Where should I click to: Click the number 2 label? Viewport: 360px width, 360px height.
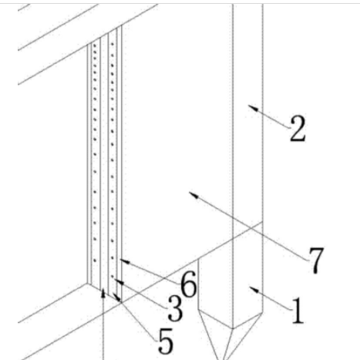pyautogui.click(x=298, y=129)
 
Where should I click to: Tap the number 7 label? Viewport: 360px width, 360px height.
pyautogui.click(x=316, y=261)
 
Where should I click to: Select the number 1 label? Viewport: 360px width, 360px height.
pyautogui.click(x=298, y=310)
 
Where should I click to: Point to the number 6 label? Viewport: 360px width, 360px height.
pyautogui.click(x=189, y=284)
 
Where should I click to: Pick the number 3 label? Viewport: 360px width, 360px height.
pyautogui.click(x=175, y=308)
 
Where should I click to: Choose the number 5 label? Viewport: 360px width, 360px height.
pyautogui.click(x=166, y=341)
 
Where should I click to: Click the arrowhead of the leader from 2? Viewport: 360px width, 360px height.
pyautogui.click(x=252, y=107)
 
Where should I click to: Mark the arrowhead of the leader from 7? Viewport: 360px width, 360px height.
pyautogui.click(x=193, y=195)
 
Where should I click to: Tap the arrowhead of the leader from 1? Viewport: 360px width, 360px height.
pyautogui.click(x=254, y=290)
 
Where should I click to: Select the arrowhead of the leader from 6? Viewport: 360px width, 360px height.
pyautogui.click(x=125, y=261)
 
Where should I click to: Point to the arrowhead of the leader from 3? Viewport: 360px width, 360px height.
pyautogui.click(x=119, y=281)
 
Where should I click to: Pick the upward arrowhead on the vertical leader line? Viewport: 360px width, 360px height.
pyautogui.click(x=103, y=293)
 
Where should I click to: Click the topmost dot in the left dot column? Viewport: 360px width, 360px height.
pyautogui.click(x=95, y=46)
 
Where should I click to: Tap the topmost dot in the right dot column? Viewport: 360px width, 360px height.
pyautogui.click(x=113, y=44)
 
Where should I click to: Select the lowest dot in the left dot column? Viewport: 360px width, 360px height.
pyautogui.click(x=95, y=261)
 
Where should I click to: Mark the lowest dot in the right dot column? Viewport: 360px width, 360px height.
pyautogui.click(x=113, y=277)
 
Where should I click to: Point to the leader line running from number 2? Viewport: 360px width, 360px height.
pyautogui.click(x=269, y=116)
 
